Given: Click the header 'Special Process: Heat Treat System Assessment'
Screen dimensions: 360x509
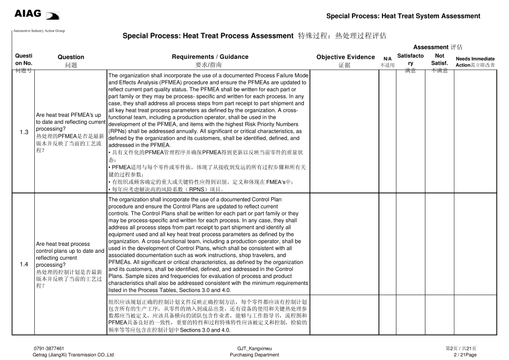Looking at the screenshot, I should pos(403,16).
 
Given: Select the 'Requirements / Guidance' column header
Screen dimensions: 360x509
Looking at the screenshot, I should pos(210,57).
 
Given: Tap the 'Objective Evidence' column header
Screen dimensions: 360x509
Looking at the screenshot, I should pos(346,57).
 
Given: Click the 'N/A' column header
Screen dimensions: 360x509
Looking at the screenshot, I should pos(387,59).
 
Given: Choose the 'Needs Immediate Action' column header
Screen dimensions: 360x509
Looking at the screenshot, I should pos(475,62).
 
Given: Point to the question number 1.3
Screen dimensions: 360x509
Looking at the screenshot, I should pos(24,132).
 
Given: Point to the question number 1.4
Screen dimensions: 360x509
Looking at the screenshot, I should pos(24,264).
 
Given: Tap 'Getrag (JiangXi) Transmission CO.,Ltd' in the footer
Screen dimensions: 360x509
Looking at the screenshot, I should pos(73,355).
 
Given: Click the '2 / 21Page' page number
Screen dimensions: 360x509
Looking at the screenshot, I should pos(465,355).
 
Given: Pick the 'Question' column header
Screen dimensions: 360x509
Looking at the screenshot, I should pos(71,57).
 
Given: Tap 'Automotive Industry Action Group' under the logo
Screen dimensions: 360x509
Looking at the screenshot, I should pos(39,31).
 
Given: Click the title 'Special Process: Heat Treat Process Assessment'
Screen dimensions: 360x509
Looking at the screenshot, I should pos(208,36).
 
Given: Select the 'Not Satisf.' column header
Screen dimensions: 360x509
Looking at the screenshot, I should pos(439,59).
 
